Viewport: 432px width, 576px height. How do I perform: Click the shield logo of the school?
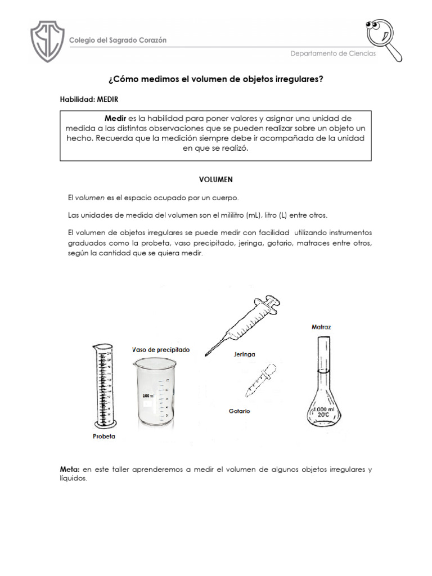point(47,42)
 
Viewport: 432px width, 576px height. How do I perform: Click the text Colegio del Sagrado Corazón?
point(117,40)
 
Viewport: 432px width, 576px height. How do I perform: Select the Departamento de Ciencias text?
point(333,53)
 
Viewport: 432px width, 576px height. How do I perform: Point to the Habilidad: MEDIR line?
point(89,100)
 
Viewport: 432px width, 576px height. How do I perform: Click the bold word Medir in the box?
point(116,119)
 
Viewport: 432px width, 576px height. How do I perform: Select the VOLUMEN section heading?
point(215,179)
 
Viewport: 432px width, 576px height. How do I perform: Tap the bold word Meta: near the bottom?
point(70,469)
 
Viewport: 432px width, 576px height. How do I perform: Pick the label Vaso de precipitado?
point(160,350)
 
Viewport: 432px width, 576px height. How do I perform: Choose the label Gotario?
point(239,411)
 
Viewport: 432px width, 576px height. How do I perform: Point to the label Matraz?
point(322,326)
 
